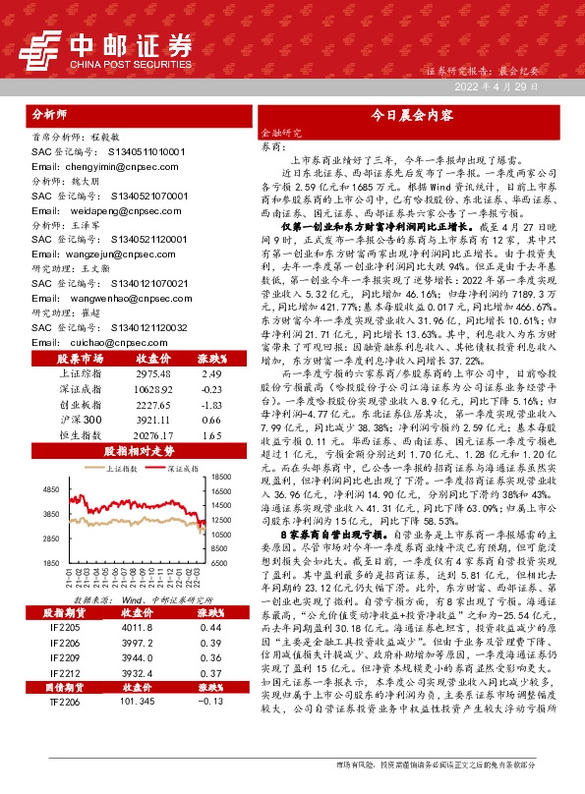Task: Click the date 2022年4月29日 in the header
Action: (497, 87)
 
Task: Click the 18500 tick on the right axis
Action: (220, 477)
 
